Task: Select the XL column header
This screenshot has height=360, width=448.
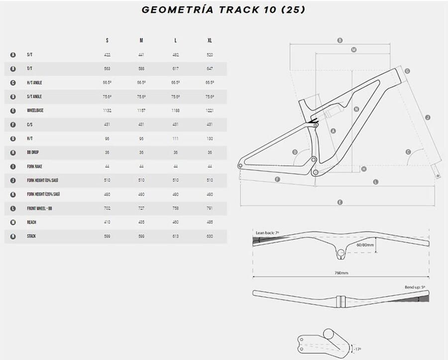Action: point(210,40)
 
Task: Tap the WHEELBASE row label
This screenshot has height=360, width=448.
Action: point(35,111)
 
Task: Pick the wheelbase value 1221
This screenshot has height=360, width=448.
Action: point(210,111)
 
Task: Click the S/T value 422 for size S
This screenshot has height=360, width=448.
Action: point(107,55)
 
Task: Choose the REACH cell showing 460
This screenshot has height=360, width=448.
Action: point(175,222)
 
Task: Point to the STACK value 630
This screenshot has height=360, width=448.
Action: point(210,236)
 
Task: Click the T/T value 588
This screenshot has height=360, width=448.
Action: point(141,69)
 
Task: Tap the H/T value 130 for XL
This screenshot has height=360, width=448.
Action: point(210,138)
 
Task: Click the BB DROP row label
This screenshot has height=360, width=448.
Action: point(33,152)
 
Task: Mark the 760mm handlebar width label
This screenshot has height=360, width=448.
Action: point(341,272)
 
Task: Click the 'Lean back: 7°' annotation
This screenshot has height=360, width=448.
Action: point(268,233)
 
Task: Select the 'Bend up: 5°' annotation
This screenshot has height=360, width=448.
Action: point(415,287)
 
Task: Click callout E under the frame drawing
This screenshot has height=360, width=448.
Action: point(339,202)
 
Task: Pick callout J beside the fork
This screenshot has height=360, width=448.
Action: point(427,118)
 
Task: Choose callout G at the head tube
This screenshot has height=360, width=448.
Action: point(407,71)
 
